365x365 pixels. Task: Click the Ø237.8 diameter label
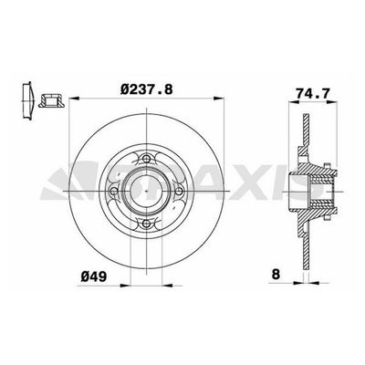pyautogui.click(x=147, y=89)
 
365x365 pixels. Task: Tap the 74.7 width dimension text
pyautogui.click(x=313, y=93)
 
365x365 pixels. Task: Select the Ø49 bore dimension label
pyautogui.click(x=94, y=276)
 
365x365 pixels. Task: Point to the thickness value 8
pyautogui.click(x=276, y=275)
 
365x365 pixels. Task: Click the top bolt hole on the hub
pyautogui.click(x=147, y=159)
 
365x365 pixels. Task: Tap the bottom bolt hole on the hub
pyautogui.click(x=147, y=224)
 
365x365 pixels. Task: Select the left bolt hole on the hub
pyautogui.click(x=114, y=192)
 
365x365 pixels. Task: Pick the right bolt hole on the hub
pyautogui.click(x=179, y=192)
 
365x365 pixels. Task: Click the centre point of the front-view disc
pyautogui.click(x=147, y=192)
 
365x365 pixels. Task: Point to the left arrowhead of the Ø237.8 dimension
pyautogui.click(x=74, y=98)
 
